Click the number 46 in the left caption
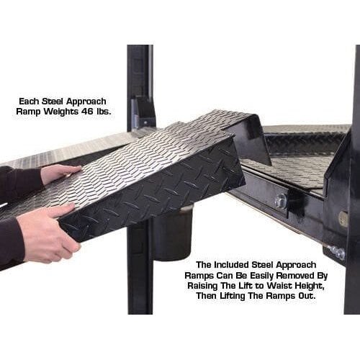[x=84, y=112]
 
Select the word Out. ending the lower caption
[x=306, y=296]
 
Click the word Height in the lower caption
[x=309, y=286]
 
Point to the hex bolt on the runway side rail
[x=280, y=199]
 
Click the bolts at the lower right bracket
[x=336, y=253]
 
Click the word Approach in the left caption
[x=86, y=102]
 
